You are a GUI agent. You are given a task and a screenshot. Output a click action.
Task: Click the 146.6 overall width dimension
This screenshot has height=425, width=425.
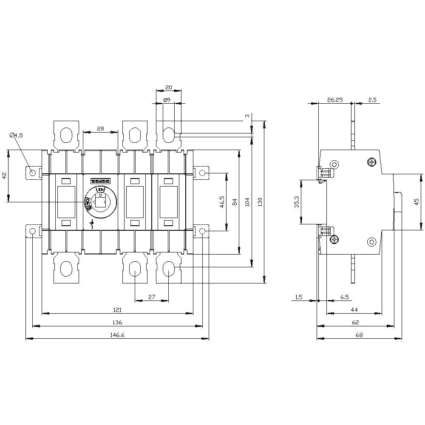point(117,335)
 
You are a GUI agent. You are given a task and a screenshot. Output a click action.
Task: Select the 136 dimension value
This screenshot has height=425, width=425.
point(117,322)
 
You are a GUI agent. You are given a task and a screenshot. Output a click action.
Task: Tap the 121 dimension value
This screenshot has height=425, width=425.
point(117,309)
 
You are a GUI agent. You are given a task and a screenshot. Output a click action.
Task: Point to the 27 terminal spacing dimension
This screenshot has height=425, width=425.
point(151,297)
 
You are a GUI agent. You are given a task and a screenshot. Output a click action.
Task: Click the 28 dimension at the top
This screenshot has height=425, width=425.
point(100,128)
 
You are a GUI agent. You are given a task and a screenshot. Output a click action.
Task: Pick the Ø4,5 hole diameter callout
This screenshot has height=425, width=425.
point(16,135)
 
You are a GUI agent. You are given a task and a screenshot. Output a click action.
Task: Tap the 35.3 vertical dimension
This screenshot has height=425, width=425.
point(297,202)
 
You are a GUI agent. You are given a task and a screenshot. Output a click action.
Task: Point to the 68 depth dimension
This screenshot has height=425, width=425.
point(359,335)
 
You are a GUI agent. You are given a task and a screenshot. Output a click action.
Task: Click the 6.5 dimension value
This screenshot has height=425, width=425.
point(345,297)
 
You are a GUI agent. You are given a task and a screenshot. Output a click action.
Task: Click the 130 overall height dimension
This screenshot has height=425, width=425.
point(260,202)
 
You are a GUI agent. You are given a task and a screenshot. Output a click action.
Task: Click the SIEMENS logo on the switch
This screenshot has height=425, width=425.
point(101,181)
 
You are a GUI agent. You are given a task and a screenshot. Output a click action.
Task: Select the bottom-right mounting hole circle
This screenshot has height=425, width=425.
point(202,231)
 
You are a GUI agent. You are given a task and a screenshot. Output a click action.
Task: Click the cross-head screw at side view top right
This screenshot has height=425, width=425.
point(372,162)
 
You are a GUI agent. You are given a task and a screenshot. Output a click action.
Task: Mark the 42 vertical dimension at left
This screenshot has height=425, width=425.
point(4,176)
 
